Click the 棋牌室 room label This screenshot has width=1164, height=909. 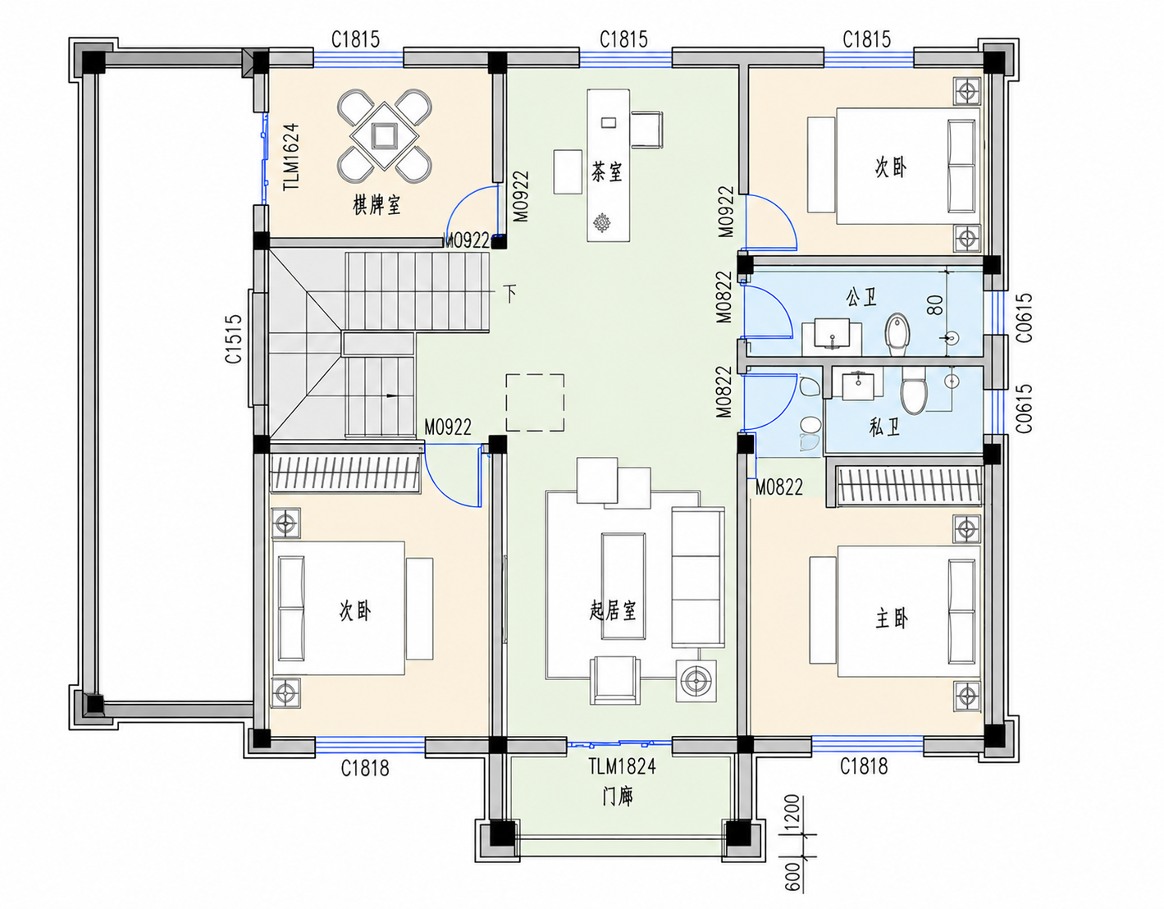click(377, 204)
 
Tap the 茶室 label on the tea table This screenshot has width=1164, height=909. click(607, 172)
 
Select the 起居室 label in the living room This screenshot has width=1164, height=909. click(613, 610)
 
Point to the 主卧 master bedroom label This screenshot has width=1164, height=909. click(892, 619)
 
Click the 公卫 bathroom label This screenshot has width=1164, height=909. click(861, 297)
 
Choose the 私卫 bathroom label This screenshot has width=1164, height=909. click(884, 427)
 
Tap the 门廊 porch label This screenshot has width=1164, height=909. click(618, 797)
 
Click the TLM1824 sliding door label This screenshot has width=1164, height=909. click(622, 766)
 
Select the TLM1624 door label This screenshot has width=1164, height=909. click(291, 157)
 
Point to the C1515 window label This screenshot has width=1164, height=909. click(234, 339)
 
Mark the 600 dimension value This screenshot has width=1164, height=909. click(792, 876)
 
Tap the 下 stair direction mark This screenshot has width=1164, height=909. click(510, 294)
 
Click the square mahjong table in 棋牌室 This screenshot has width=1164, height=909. click(384, 135)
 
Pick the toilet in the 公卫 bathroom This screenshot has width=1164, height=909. click(897, 335)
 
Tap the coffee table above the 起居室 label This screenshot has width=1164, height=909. click(623, 586)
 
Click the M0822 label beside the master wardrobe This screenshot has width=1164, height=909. click(778, 487)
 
